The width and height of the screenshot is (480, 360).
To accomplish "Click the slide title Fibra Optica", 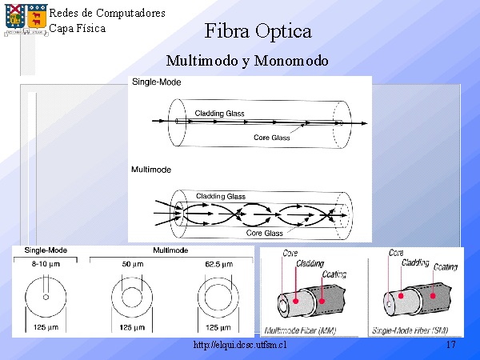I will [258, 32].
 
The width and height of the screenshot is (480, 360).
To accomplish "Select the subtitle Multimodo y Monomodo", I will [247, 61].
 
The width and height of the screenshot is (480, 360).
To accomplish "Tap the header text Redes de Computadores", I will [107, 14].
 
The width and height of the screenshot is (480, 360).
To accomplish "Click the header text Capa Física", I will [77, 28].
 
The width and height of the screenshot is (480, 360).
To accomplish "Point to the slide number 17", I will [450, 345].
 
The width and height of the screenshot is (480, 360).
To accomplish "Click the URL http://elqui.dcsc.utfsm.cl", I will [240, 345].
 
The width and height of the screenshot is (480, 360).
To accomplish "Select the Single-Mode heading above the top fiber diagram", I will [156, 83].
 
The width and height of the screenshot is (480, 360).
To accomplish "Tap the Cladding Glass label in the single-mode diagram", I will [220, 114].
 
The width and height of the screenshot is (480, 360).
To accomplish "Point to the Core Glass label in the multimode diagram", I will [264, 233].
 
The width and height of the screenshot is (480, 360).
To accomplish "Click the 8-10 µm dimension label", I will [46, 264].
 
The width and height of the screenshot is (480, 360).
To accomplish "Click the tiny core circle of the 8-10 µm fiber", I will [46, 298].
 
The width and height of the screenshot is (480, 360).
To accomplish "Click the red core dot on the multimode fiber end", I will [297, 300].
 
